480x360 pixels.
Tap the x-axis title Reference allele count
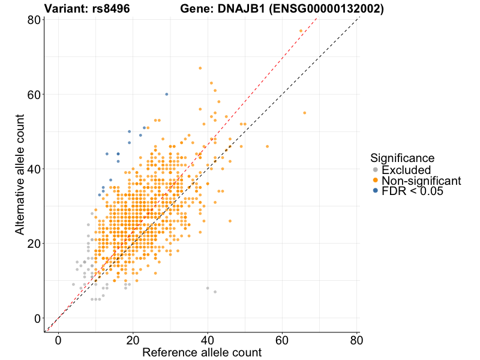pyautogui.click(x=202, y=352)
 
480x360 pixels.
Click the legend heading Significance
pyautogui.click(x=402, y=158)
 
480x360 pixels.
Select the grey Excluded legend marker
pyautogui.click(x=376, y=170)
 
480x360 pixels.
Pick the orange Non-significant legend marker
pyautogui.click(x=376, y=181)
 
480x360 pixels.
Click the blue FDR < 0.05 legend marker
pyautogui.click(x=376, y=191)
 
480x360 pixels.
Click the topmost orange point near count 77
pyautogui.click(x=301, y=31)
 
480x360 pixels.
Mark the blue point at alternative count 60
pyautogui.click(x=167, y=94)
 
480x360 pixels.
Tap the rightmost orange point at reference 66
pyautogui.click(x=305, y=113)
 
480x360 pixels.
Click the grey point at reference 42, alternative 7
pyautogui.click(x=215, y=292)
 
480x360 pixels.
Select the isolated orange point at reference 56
pyautogui.click(x=268, y=146)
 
